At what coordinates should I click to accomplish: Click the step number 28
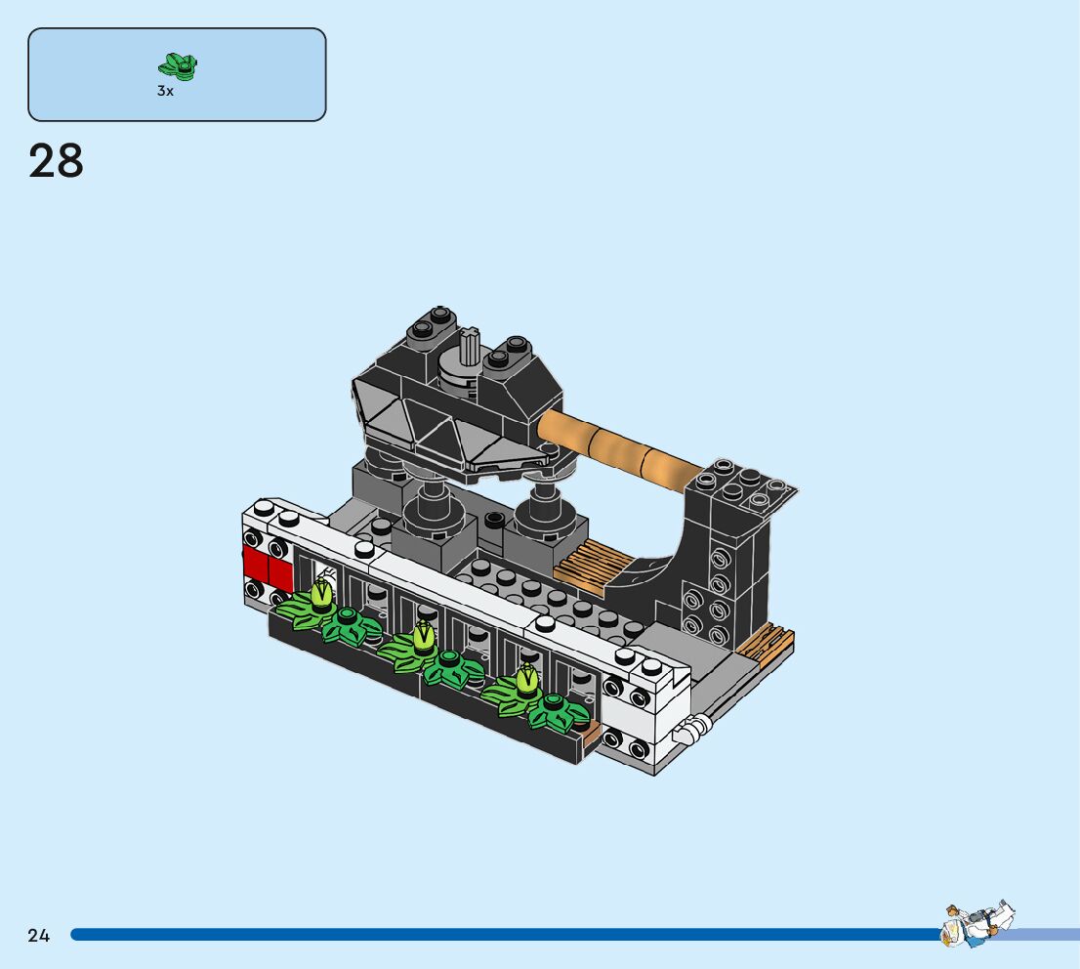tap(56, 161)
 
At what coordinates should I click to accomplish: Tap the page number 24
tap(39, 935)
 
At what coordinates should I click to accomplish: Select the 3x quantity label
tap(165, 91)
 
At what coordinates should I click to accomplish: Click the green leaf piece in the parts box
tap(178, 65)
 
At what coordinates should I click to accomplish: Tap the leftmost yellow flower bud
tap(320, 595)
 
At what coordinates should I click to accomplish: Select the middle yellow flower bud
tap(423, 638)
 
